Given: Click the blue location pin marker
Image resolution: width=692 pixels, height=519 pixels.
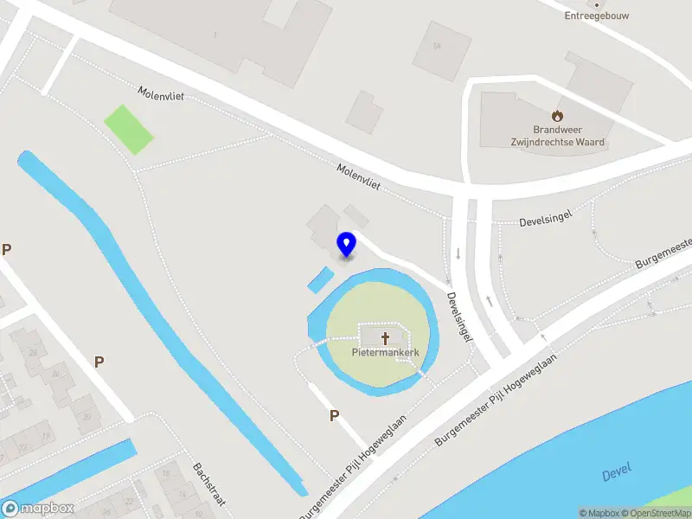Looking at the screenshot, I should coord(347,244).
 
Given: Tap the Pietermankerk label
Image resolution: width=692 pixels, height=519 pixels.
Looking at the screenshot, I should coord(386,353).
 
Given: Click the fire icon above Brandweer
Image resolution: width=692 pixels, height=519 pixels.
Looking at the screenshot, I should coord(558,115).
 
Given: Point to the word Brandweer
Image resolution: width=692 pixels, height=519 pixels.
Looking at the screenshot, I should coord(558,130).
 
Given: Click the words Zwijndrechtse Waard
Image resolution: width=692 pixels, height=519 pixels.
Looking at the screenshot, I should coord(558,142).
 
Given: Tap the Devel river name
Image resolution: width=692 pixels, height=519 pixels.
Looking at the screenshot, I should coord(616,472).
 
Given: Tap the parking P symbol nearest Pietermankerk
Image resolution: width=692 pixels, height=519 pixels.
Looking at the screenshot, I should coord(334,416).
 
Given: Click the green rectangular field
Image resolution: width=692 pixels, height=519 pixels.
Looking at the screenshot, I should coord(129,129).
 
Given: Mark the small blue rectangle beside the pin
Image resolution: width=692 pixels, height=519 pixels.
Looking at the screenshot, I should coord(320,279).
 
